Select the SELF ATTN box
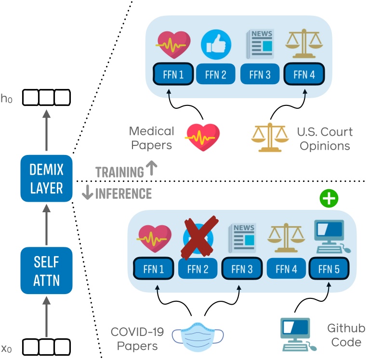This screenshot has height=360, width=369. pyautogui.click(x=46, y=270)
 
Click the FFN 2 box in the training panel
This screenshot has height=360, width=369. pyautogui.click(x=216, y=75)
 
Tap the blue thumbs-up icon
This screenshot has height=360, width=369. pyautogui.click(x=216, y=44)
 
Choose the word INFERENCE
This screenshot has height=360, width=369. pyautogui.click(x=123, y=194)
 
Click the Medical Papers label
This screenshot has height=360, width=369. pyautogui.click(x=151, y=138)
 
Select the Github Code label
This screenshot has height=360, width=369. pyautogui.click(x=346, y=335)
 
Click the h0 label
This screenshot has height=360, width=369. pyautogui.click(x=6, y=99)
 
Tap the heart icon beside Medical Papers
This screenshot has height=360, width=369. pyautogui.click(x=202, y=137)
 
